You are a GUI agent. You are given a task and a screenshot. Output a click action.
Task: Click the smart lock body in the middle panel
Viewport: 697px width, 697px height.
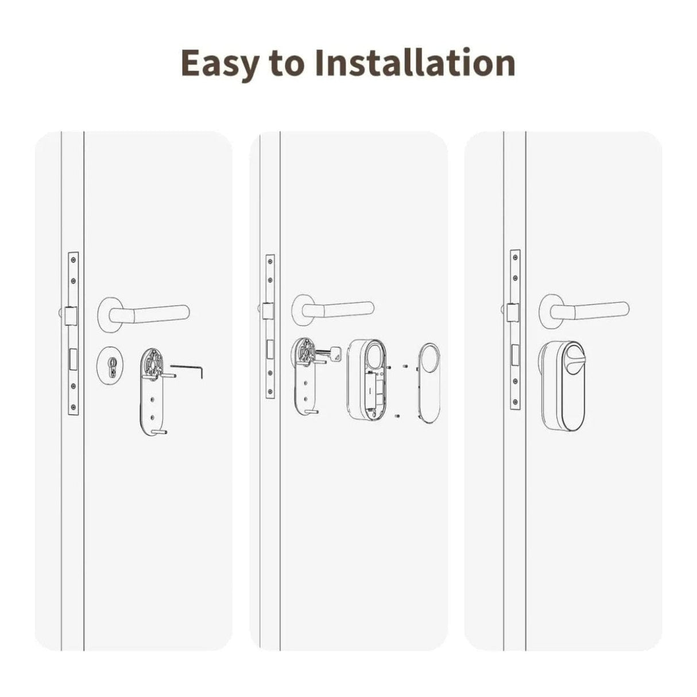[x=366, y=381]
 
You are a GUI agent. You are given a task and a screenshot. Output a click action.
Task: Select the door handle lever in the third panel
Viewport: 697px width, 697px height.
[x=591, y=311]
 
